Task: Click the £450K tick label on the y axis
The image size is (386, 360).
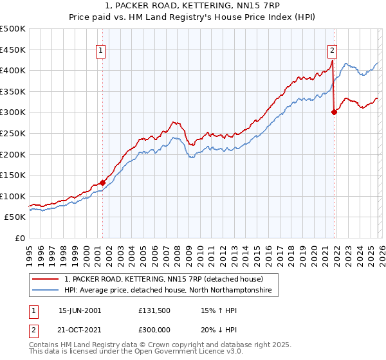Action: coord(13,50)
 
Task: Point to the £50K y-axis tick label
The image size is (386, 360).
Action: coord(15,217)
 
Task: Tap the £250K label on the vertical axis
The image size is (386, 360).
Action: coord(13,133)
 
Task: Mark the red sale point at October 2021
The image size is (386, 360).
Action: coord(334,112)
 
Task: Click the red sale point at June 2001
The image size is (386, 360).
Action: coord(102,183)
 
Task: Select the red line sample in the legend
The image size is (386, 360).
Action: coord(46,280)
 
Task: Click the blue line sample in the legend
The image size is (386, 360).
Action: coord(46,291)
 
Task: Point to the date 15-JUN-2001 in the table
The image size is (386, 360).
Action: coord(80,310)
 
